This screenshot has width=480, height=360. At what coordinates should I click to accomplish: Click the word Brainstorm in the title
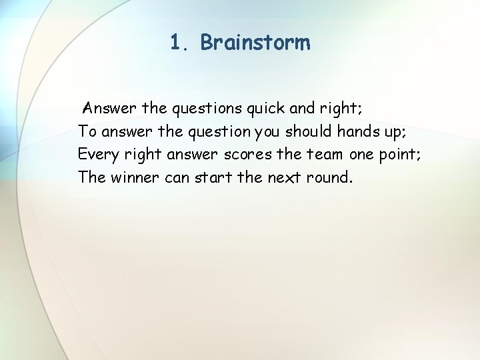pos(255,43)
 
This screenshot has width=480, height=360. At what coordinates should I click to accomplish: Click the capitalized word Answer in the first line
pos(110,107)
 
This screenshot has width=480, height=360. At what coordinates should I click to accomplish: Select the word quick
pos(265,108)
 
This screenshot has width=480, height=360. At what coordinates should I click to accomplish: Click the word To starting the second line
pos(87,131)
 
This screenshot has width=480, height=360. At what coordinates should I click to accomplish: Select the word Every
pos(99,155)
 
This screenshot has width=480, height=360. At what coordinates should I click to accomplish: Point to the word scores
pos(247,155)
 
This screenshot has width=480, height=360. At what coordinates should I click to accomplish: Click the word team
pos(325,155)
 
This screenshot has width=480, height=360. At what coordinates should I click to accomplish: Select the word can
pos(177,178)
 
